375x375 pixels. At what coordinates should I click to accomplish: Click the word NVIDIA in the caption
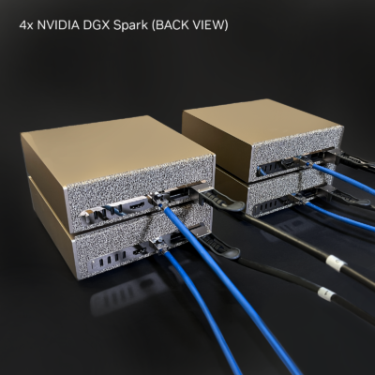[58, 25]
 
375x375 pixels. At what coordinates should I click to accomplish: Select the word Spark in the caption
[130, 26]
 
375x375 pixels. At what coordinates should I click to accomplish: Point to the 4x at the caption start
[26, 25]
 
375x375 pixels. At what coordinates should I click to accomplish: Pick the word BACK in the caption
[169, 25]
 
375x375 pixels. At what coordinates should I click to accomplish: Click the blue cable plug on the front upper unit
[157, 200]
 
